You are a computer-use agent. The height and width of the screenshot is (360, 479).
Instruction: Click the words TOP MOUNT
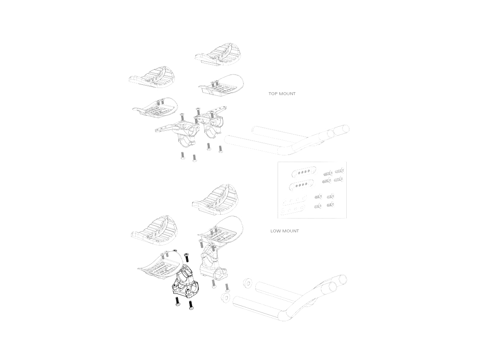tap(282, 94)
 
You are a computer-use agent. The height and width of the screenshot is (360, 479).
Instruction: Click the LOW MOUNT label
tap(284, 231)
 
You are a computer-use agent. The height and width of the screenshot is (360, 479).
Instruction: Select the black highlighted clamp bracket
tap(185, 281)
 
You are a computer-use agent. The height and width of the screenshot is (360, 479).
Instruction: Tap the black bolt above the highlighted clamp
tap(187, 257)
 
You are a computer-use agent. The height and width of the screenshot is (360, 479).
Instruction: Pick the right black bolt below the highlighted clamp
tap(191, 305)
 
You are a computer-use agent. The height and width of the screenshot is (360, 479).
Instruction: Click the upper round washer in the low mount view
tap(247, 282)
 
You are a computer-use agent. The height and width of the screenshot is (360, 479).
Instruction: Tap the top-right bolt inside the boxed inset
tap(340, 171)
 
